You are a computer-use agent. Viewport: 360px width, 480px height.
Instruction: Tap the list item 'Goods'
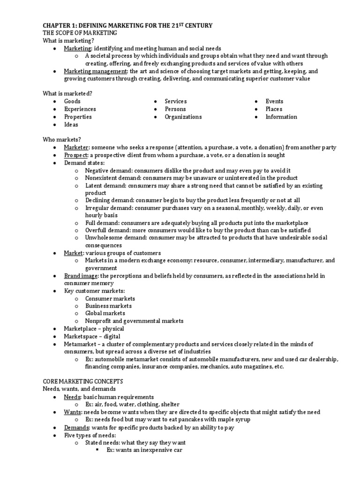point(72,101)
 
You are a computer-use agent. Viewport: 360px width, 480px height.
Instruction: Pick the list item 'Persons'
point(175,109)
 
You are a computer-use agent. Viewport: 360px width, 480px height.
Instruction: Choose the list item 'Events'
point(274,101)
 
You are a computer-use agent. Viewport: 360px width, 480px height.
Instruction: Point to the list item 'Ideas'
point(71,125)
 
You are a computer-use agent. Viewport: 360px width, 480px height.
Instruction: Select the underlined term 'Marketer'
point(76,148)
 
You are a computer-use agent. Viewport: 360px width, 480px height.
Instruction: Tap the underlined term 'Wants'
point(73,412)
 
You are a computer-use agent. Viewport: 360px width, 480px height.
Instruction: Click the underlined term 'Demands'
point(76,427)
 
